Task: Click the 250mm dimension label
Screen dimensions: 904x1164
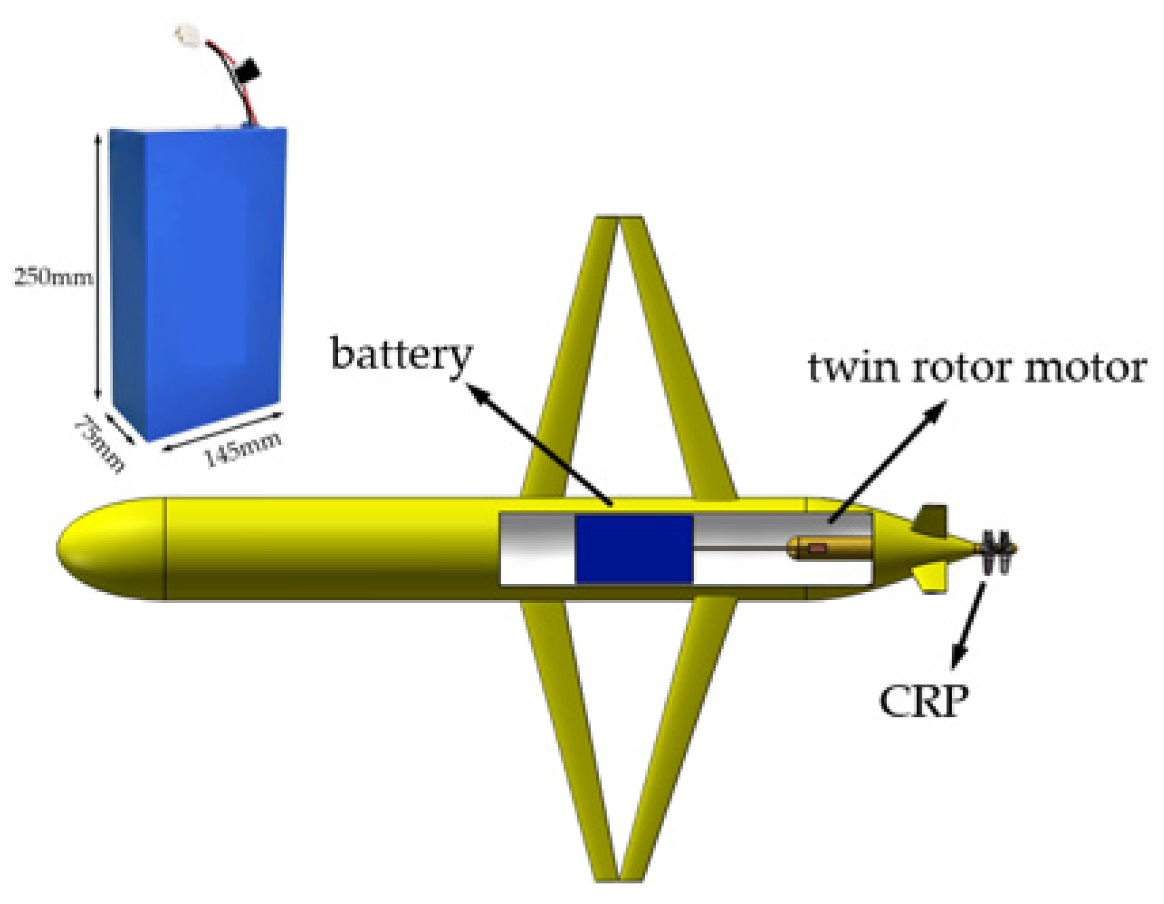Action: pyautogui.click(x=53, y=277)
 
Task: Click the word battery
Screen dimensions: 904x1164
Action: pyautogui.click(x=401, y=355)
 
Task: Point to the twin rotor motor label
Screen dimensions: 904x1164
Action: pyautogui.click(x=977, y=368)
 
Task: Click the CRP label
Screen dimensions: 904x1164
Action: pyautogui.click(x=924, y=701)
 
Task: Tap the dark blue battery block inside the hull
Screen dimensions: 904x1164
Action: pyautogui.click(x=634, y=549)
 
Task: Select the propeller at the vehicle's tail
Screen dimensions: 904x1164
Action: pyautogui.click(x=997, y=549)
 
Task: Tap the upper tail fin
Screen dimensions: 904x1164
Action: pyautogui.click(x=931, y=520)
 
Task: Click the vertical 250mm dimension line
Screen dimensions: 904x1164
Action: pyautogui.click(x=98, y=265)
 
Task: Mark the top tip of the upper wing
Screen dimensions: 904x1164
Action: pyautogui.click(x=619, y=219)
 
